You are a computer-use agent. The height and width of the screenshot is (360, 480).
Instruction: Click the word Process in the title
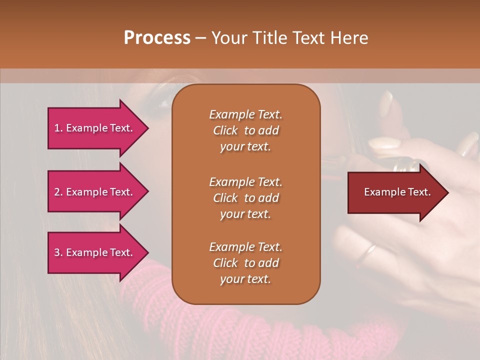157,38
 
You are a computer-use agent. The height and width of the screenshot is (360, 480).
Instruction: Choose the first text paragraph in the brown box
245,130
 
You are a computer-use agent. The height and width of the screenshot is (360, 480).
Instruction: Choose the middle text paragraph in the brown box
245,198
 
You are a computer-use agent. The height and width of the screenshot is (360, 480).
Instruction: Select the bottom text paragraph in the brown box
245,263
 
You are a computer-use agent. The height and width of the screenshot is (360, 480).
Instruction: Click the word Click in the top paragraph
225,130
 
